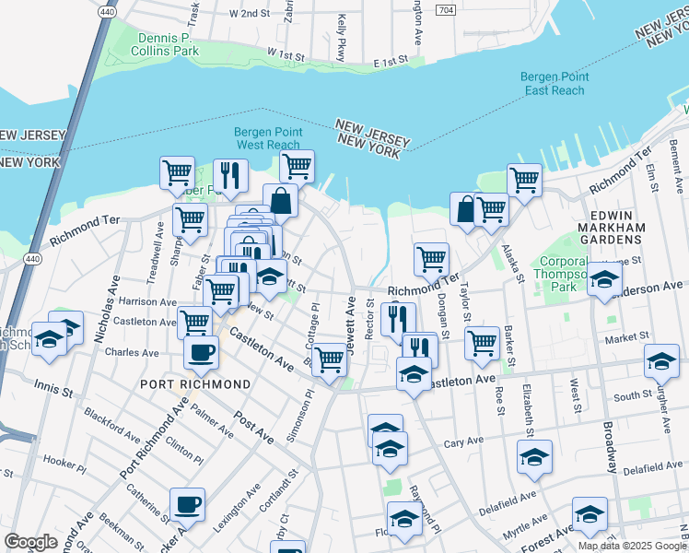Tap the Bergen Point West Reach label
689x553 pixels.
[267, 138]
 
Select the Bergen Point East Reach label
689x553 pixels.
[553, 84]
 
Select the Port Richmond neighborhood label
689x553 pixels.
[195, 383]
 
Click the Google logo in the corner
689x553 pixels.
[30, 542]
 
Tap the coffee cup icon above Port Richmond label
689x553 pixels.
[201, 350]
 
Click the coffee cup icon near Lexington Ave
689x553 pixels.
[187, 503]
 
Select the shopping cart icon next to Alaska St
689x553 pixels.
[524, 179]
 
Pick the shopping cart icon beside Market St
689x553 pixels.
[483, 342]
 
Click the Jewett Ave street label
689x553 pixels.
[351, 318]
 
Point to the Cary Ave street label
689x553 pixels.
[463, 441]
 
